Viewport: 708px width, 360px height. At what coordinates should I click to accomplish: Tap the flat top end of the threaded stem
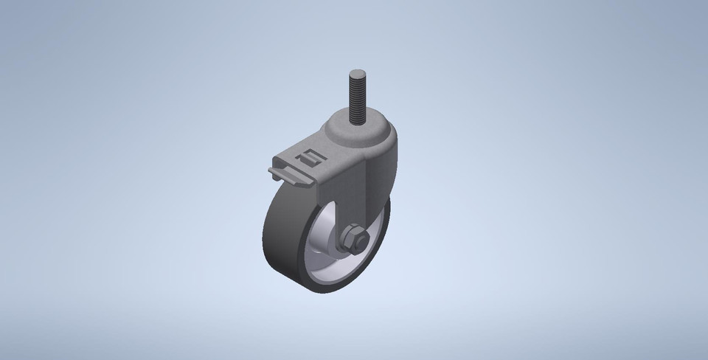click(x=357, y=72)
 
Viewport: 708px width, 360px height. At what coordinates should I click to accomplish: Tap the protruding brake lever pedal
click(x=280, y=175)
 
